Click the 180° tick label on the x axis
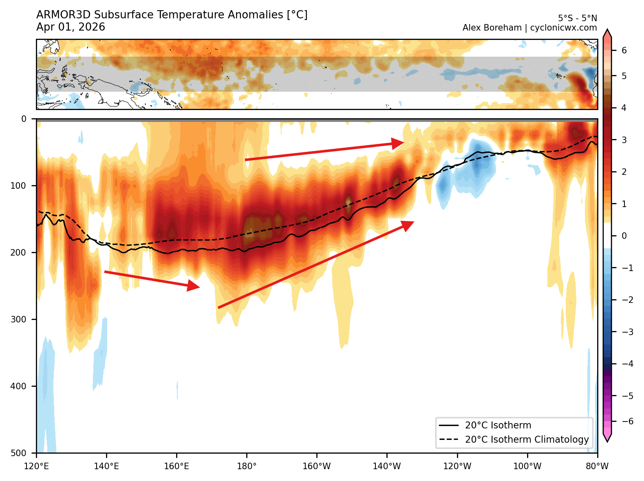pos(247,466)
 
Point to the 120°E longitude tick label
pos(36,466)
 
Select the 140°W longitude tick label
pos(387,466)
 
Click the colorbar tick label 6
pos(624,51)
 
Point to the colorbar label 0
pos(624,236)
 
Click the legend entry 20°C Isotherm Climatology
pos(527,439)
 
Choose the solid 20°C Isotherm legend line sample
pos(449,426)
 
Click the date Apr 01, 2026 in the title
pos(71,27)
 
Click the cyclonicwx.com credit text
pos(563,28)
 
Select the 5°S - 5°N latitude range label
pos(577,18)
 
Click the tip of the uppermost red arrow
pos(404,142)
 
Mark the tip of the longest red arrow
pos(414,222)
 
